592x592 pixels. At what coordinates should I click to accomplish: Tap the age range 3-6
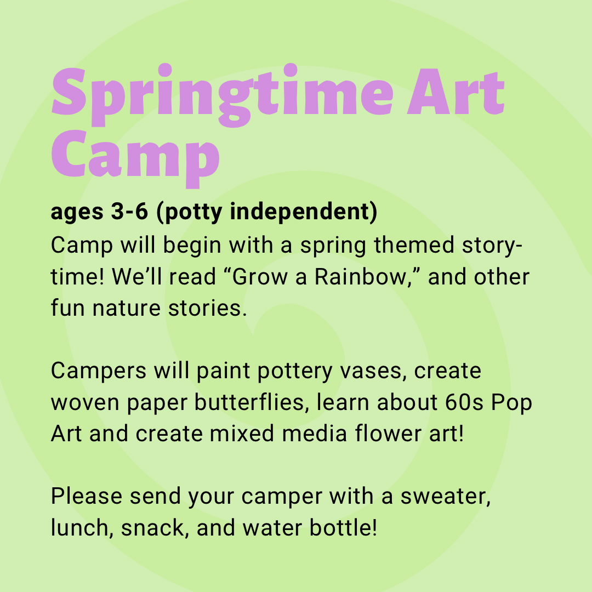[129, 212]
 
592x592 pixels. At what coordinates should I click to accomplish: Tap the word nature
[127, 308]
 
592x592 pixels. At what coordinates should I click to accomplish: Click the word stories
[208, 308]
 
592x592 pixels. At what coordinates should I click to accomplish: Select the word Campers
[99, 371]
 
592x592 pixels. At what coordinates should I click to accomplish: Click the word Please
[87, 496]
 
